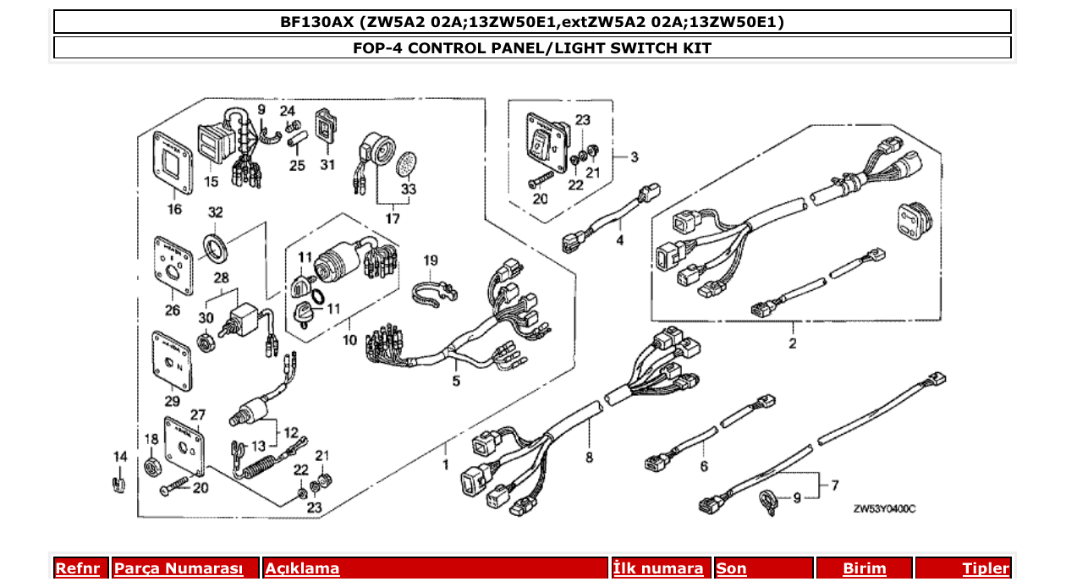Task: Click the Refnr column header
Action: click(x=77, y=568)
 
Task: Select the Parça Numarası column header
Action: click(x=178, y=568)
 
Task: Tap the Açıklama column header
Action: click(x=302, y=568)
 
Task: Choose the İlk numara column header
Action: click(x=658, y=568)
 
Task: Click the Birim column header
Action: click(x=864, y=568)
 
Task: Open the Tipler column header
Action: click(x=986, y=568)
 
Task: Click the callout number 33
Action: click(x=409, y=190)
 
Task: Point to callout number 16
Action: click(x=173, y=210)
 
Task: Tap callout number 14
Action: click(x=120, y=457)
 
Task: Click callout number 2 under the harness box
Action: click(x=792, y=343)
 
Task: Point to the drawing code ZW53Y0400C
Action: click(x=884, y=507)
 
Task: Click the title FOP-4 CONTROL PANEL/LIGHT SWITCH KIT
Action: click(x=532, y=48)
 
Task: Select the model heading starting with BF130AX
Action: click(x=532, y=22)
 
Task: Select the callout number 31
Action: click(x=327, y=165)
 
